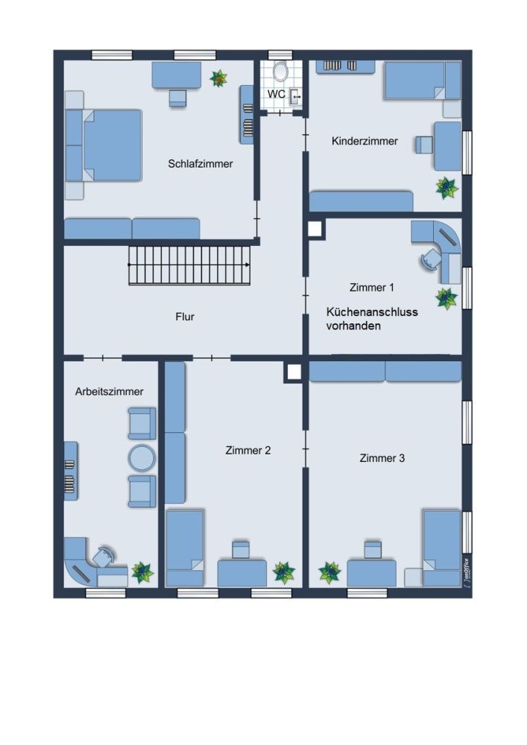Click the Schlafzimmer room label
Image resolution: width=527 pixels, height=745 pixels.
(x=200, y=164)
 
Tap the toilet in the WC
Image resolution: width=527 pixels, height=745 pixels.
(x=281, y=72)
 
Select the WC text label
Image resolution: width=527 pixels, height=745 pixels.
(x=276, y=94)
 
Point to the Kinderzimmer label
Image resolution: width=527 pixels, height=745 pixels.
(x=365, y=141)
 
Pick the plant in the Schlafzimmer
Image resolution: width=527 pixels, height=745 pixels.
(x=218, y=78)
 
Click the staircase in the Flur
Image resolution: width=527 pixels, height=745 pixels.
(x=189, y=265)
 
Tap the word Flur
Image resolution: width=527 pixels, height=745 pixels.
(x=185, y=317)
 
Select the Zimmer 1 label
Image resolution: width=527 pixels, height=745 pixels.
(x=372, y=288)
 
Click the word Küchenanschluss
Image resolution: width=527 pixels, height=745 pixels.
(x=372, y=312)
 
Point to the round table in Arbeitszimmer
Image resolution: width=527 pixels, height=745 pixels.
(x=142, y=458)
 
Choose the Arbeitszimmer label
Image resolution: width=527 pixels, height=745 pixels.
(x=110, y=392)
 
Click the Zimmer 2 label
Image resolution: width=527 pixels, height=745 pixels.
(x=248, y=451)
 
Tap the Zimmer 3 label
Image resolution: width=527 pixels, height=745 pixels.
(x=382, y=458)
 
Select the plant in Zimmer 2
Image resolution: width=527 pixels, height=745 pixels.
(x=284, y=572)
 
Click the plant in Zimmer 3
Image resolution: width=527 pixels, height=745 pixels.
(x=329, y=572)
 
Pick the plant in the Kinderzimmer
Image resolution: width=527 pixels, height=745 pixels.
(x=446, y=188)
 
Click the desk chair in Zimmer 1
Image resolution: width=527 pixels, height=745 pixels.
(x=431, y=260)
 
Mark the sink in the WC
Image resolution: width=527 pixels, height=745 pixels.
(x=296, y=97)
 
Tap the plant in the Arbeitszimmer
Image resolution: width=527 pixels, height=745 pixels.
(x=142, y=572)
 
